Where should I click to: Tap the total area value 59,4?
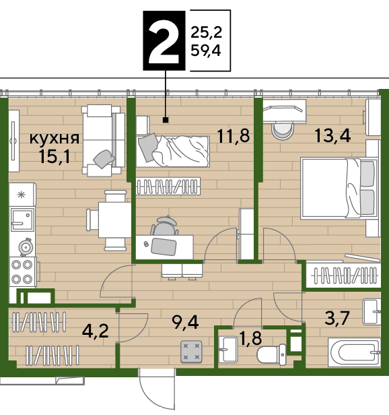point(206,51)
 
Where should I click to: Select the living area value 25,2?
point(206,33)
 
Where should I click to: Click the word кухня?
point(55,138)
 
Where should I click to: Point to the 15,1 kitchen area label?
point(54,157)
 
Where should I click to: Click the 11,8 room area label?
point(234,136)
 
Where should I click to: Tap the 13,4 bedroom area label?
point(332,136)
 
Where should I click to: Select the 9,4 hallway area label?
point(185,322)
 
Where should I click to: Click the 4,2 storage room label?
point(95,331)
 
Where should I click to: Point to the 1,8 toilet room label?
point(250,338)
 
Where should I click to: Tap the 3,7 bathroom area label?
point(337,318)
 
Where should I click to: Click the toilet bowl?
point(272,354)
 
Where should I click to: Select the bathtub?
point(355,352)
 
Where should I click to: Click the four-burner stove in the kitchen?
point(23,272)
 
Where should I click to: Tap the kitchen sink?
point(22,220)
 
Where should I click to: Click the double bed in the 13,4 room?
point(339,189)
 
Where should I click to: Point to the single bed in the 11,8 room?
point(173,151)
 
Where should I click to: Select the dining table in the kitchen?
point(115,220)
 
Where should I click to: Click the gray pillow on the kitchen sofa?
point(104,159)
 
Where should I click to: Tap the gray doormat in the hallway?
point(191,352)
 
